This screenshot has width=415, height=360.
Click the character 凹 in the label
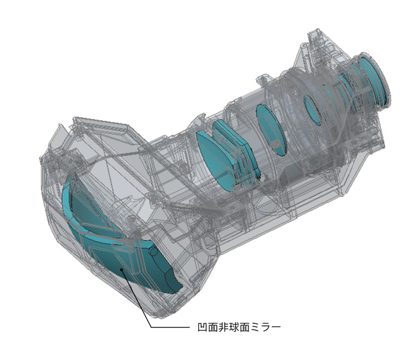pos(203,328)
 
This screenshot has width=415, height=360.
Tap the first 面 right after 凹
pos(213,328)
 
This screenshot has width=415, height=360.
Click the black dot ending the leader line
pos(121,270)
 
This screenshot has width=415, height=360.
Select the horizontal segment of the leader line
pos(171,327)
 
